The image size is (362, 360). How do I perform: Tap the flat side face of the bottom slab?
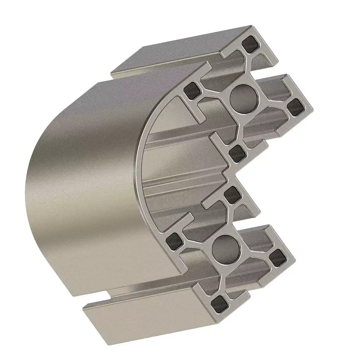(141, 315)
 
